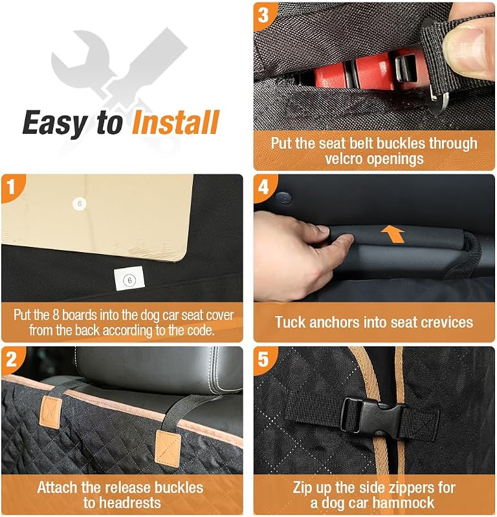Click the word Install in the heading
pos(175,122)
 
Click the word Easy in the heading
pos(55,123)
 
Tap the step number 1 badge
pos(11,187)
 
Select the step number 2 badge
pos(11,359)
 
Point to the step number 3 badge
pos(263,15)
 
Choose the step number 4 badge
pos(263,187)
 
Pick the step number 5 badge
pos(263,359)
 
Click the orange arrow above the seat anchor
pos(393,234)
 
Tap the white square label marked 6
pos(129,279)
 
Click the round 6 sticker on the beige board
pos(79,204)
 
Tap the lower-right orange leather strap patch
pos(168,447)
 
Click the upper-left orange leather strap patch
pos(50,412)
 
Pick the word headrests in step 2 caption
pos(122,503)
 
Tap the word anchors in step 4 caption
pos(334,322)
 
